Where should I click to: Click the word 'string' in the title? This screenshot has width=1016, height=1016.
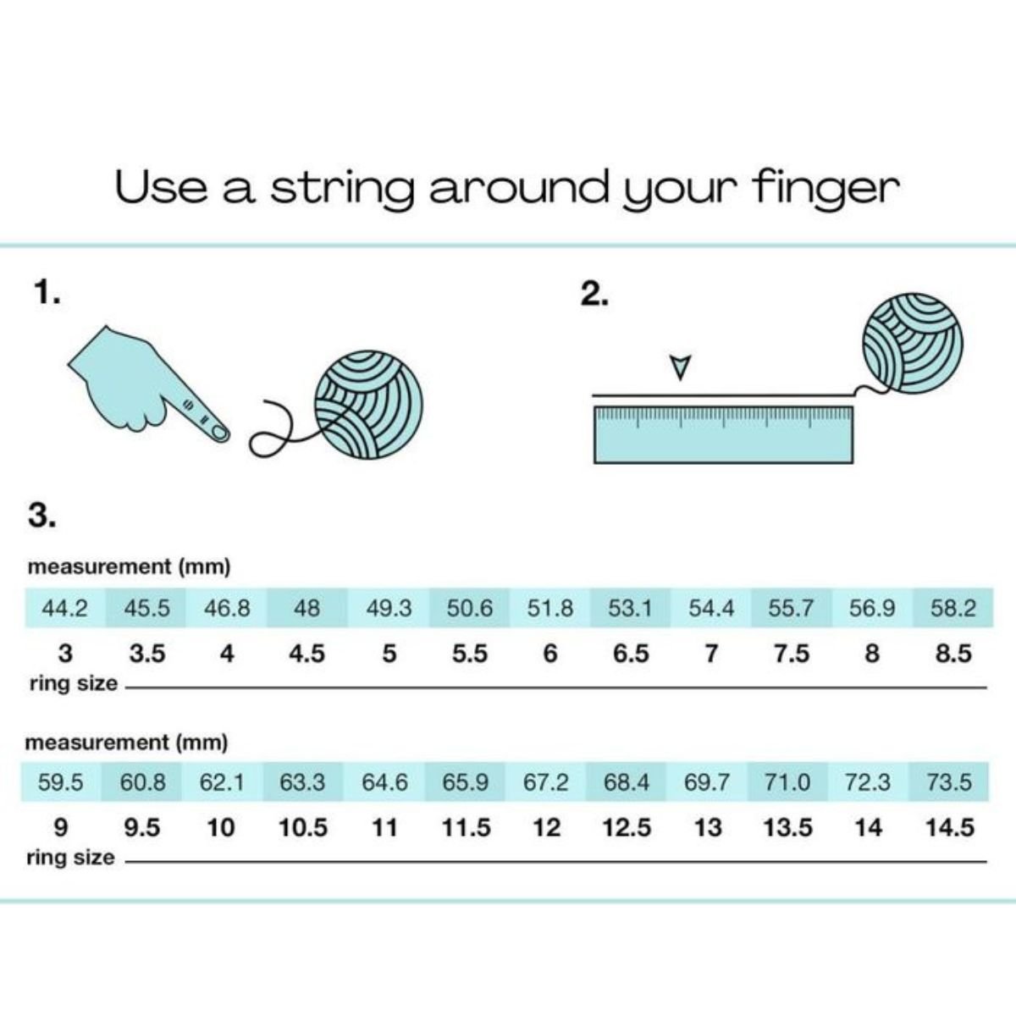(342, 189)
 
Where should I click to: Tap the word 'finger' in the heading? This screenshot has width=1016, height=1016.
(826, 188)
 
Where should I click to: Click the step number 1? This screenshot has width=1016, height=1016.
(47, 292)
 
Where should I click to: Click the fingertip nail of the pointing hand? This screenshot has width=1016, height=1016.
(220, 433)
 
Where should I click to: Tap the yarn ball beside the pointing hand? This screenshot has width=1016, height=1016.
(368, 405)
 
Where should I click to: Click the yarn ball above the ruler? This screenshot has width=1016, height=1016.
(913, 344)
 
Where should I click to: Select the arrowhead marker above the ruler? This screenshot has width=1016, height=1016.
(680, 367)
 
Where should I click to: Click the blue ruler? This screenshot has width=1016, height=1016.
(723, 435)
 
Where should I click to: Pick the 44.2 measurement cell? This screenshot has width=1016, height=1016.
(65, 608)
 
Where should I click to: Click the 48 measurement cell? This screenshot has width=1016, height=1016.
(306, 608)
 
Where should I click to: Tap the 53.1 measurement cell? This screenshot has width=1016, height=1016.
(630, 608)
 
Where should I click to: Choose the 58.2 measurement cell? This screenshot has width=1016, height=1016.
(953, 608)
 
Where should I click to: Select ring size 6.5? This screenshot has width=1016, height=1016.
(631, 654)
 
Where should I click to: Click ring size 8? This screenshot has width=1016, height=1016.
(872, 654)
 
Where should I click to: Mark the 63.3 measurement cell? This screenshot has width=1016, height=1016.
(302, 782)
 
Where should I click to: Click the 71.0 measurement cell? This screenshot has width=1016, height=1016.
(787, 782)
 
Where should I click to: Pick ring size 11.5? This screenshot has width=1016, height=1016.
(466, 828)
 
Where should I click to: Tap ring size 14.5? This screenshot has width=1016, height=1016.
(950, 828)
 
